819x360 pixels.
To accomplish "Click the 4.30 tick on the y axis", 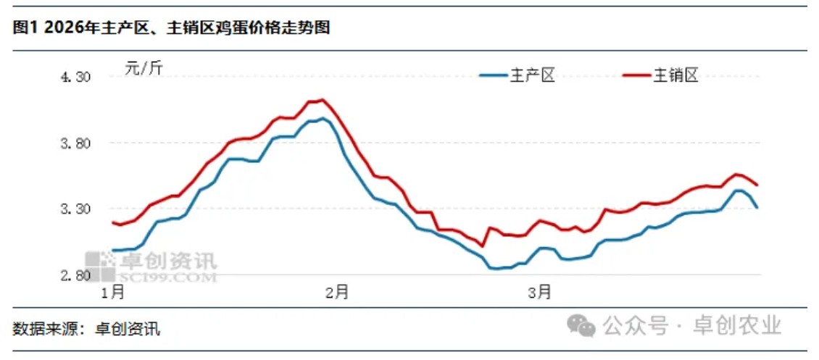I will coord(76,78).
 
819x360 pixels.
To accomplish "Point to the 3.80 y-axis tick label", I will coord(76,143).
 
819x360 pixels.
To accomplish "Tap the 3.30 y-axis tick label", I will coord(76,209).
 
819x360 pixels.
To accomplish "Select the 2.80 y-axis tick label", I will coord(76,276).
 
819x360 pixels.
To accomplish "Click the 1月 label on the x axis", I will coord(113,293).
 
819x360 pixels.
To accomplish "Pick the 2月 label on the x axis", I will coord(338,293).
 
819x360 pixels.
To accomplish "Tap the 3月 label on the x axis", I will coord(539,293).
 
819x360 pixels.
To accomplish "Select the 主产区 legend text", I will coord(533,75).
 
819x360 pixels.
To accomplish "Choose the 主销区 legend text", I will coord(675,75).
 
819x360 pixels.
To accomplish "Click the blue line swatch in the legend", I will coord(492,75).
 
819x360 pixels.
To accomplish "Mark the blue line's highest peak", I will coord(323,118).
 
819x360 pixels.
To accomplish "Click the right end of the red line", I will coord(757,185).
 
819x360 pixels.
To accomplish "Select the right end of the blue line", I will coord(757,208).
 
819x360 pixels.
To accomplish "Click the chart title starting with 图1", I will coord(171,28).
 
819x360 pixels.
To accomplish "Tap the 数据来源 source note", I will coord(86,330).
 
